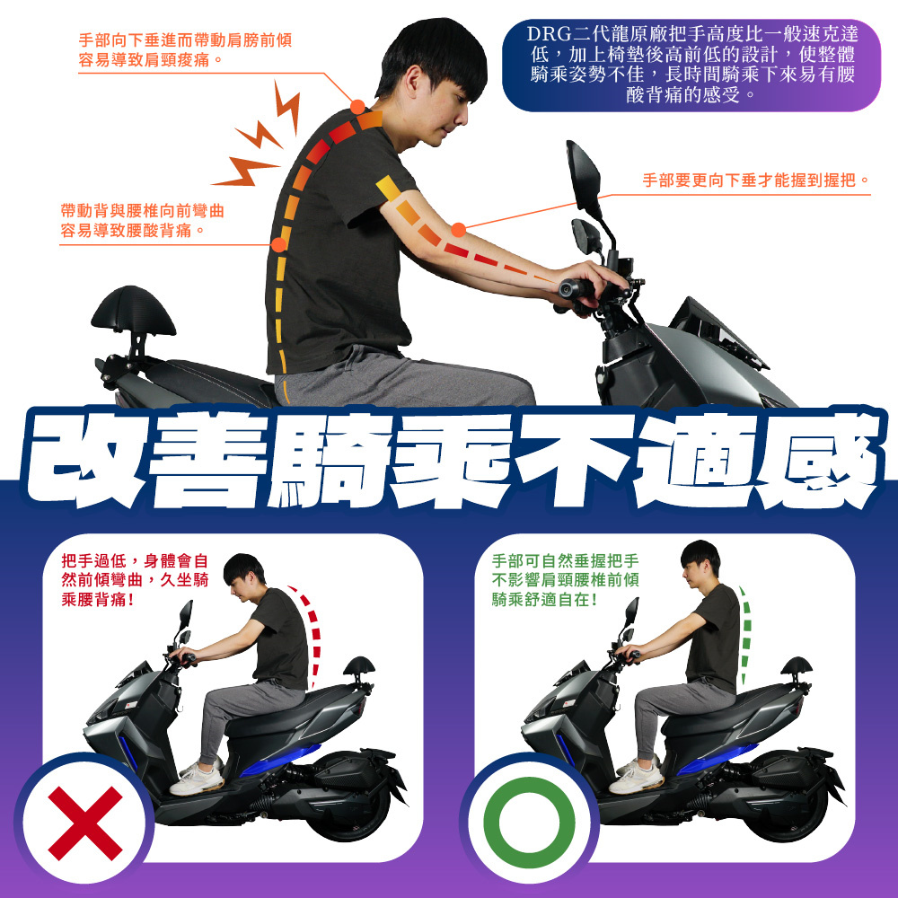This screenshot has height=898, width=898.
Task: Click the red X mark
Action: [85, 823]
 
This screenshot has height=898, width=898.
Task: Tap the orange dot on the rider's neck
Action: [357, 107]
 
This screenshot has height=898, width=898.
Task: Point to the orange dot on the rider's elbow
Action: [458, 230]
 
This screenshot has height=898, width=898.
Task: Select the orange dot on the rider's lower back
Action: [279, 244]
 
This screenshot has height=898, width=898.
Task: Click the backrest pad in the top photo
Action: [134, 311]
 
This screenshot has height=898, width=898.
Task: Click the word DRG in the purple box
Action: [550, 34]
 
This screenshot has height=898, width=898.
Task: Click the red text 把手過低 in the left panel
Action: [94, 560]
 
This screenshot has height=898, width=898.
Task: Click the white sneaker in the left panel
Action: [197, 779]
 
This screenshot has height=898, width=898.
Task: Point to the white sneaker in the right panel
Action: [636, 777]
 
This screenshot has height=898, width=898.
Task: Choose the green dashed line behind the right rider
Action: [745, 633]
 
